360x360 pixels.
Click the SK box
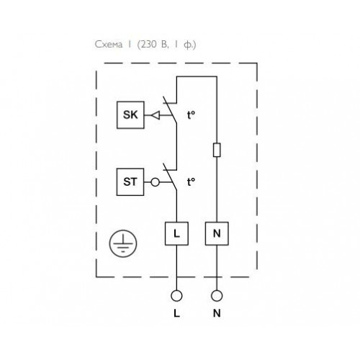pos(130,115)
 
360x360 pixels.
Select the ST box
pos(130,182)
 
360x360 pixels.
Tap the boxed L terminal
pos(176,233)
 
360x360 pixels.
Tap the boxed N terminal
pos(217,233)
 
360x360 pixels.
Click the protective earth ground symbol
pos(123,243)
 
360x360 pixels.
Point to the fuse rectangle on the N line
pos(217,150)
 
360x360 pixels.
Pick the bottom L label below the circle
pos(176,313)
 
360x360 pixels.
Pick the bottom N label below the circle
pos(217,313)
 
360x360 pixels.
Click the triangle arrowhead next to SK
pos(156,115)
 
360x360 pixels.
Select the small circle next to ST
pos(155,182)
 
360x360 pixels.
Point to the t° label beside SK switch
pos(191,115)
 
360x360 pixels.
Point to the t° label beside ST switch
pos(191,182)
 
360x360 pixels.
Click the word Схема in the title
pos(109,45)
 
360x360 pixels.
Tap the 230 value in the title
pos(148,45)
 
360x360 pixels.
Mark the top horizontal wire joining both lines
pos(197,77)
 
